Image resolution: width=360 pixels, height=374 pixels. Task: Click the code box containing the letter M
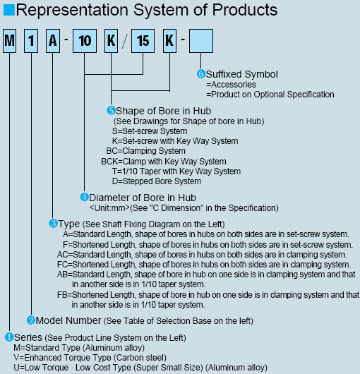(10, 41)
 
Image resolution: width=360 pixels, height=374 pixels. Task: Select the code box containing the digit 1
(31, 41)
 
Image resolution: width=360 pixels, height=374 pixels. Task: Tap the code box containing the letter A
(53, 41)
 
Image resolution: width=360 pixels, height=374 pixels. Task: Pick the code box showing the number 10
(85, 41)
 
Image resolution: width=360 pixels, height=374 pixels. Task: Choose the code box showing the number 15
(143, 41)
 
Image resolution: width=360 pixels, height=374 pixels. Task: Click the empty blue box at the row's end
(201, 41)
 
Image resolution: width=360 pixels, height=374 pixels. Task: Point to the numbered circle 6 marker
(201, 74)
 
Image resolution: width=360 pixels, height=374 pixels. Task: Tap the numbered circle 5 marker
(111, 110)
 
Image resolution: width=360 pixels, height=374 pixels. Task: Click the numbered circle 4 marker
(85, 198)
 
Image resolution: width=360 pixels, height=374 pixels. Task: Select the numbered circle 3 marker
(53, 224)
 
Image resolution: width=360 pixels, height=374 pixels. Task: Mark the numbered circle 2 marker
(31, 320)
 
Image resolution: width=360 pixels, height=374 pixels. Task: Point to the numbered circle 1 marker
(9, 337)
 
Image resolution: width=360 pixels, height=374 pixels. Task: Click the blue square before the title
(9, 10)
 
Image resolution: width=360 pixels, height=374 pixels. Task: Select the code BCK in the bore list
(109, 161)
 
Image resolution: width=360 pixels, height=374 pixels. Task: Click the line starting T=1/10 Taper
(176, 171)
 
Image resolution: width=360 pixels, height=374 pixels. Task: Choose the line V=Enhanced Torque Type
(90, 358)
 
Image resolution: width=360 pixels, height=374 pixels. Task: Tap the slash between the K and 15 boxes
(125, 41)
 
